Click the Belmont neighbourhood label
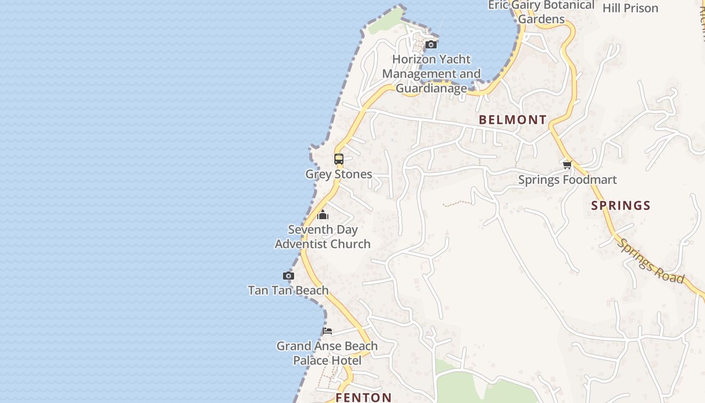click(x=512, y=120)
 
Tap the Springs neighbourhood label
click(x=621, y=206)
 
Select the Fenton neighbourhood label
click(x=364, y=397)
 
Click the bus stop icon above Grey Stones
click(x=339, y=159)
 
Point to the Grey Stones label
click(x=339, y=174)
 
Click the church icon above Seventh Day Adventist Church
click(x=323, y=215)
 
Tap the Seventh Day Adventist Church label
click(x=323, y=237)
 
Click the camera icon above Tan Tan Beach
click(x=289, y=276)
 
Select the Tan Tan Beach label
click(x=288, y=290)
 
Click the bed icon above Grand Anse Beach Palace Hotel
click(x=327, y=331)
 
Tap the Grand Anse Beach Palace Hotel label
click(x=327, y=353)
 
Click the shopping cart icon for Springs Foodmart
click(x=568, y=165)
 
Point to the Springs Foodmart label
click(x=568, y=180)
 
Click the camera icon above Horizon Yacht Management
click(x=431, y=44)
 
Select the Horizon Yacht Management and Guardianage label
click(x=432, y=74)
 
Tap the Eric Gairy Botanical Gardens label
click(x=541, y=12)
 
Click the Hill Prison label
click(x=630, y=8)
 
